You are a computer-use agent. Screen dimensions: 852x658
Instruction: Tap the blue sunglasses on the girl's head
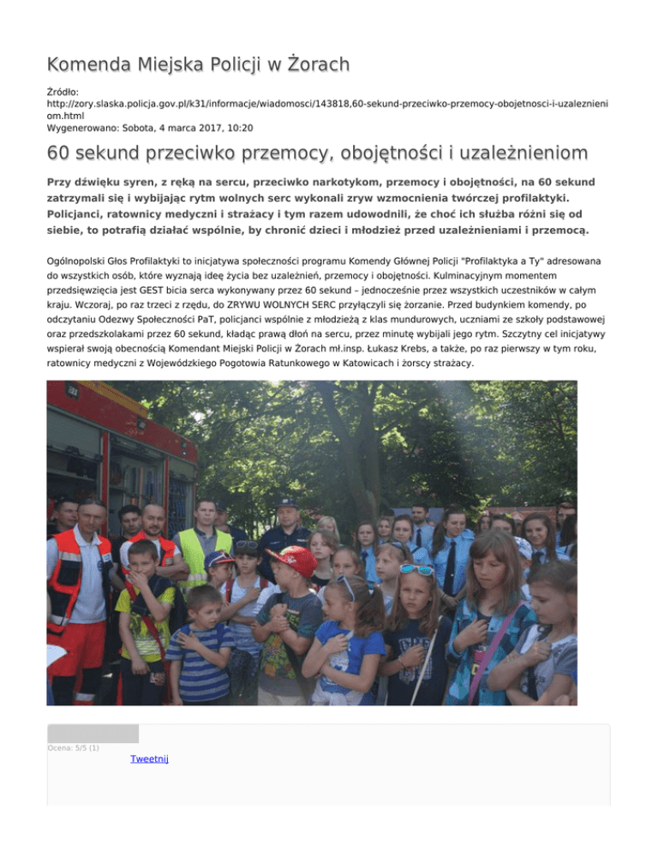pyautogui.click(x=417, y=570)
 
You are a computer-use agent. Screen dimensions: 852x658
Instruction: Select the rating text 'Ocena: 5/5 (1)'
pyautogui.click(x=73, y=748)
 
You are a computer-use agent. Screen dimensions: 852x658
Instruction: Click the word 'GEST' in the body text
pyautogui.click(x=174, y=291)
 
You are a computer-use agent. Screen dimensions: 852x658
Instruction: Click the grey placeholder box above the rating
pyautogui.click(x=93, y=733)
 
